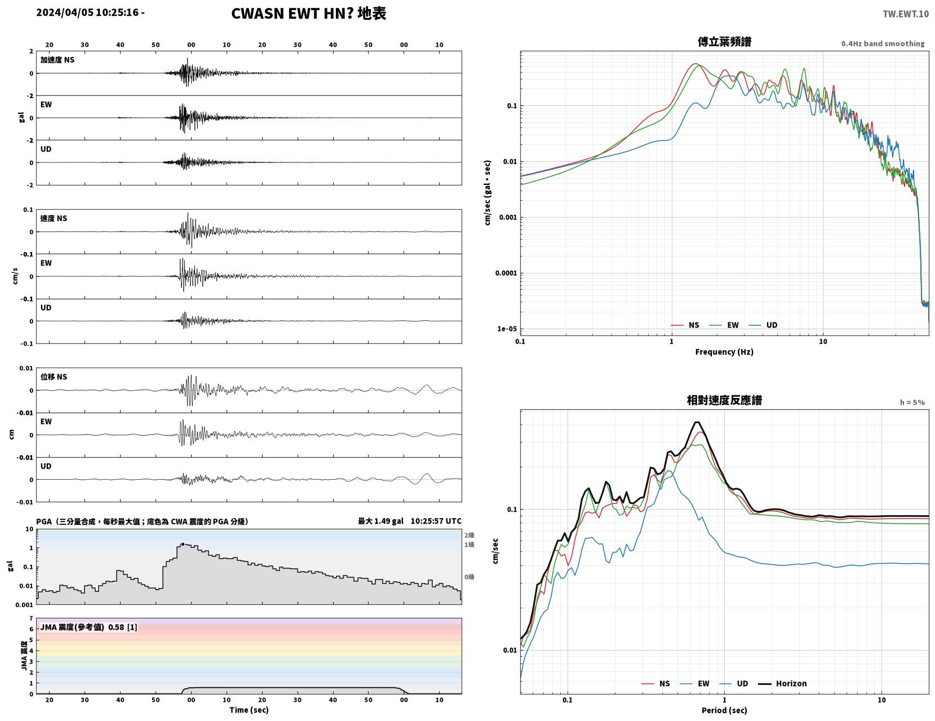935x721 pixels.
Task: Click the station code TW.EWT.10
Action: point(905,14)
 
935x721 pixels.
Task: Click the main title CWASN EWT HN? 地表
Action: point(308,14)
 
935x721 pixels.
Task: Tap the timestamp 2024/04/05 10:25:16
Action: point(87,12)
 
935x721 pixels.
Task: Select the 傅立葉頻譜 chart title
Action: point(724,42)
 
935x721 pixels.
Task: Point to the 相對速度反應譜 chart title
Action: point(724,400)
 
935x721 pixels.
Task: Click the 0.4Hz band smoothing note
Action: point(883,43)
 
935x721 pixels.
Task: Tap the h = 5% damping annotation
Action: point(912,402)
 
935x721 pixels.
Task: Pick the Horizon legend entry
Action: point(782,683)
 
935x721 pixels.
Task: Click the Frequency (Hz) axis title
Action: point(724,352)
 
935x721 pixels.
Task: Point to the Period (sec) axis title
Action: point(724,710)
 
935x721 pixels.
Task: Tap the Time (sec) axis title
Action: point(249,710)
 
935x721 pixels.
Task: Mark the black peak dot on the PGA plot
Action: point(183,544)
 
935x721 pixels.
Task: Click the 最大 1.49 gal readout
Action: point(381,521)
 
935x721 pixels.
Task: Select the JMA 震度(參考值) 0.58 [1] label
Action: point(88,627)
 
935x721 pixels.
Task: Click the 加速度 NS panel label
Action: point(57,60)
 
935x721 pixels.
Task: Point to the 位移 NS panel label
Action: point(54,377)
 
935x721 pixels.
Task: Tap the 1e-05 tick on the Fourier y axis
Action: point(507,329)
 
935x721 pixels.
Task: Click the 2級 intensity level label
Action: point(469,535)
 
